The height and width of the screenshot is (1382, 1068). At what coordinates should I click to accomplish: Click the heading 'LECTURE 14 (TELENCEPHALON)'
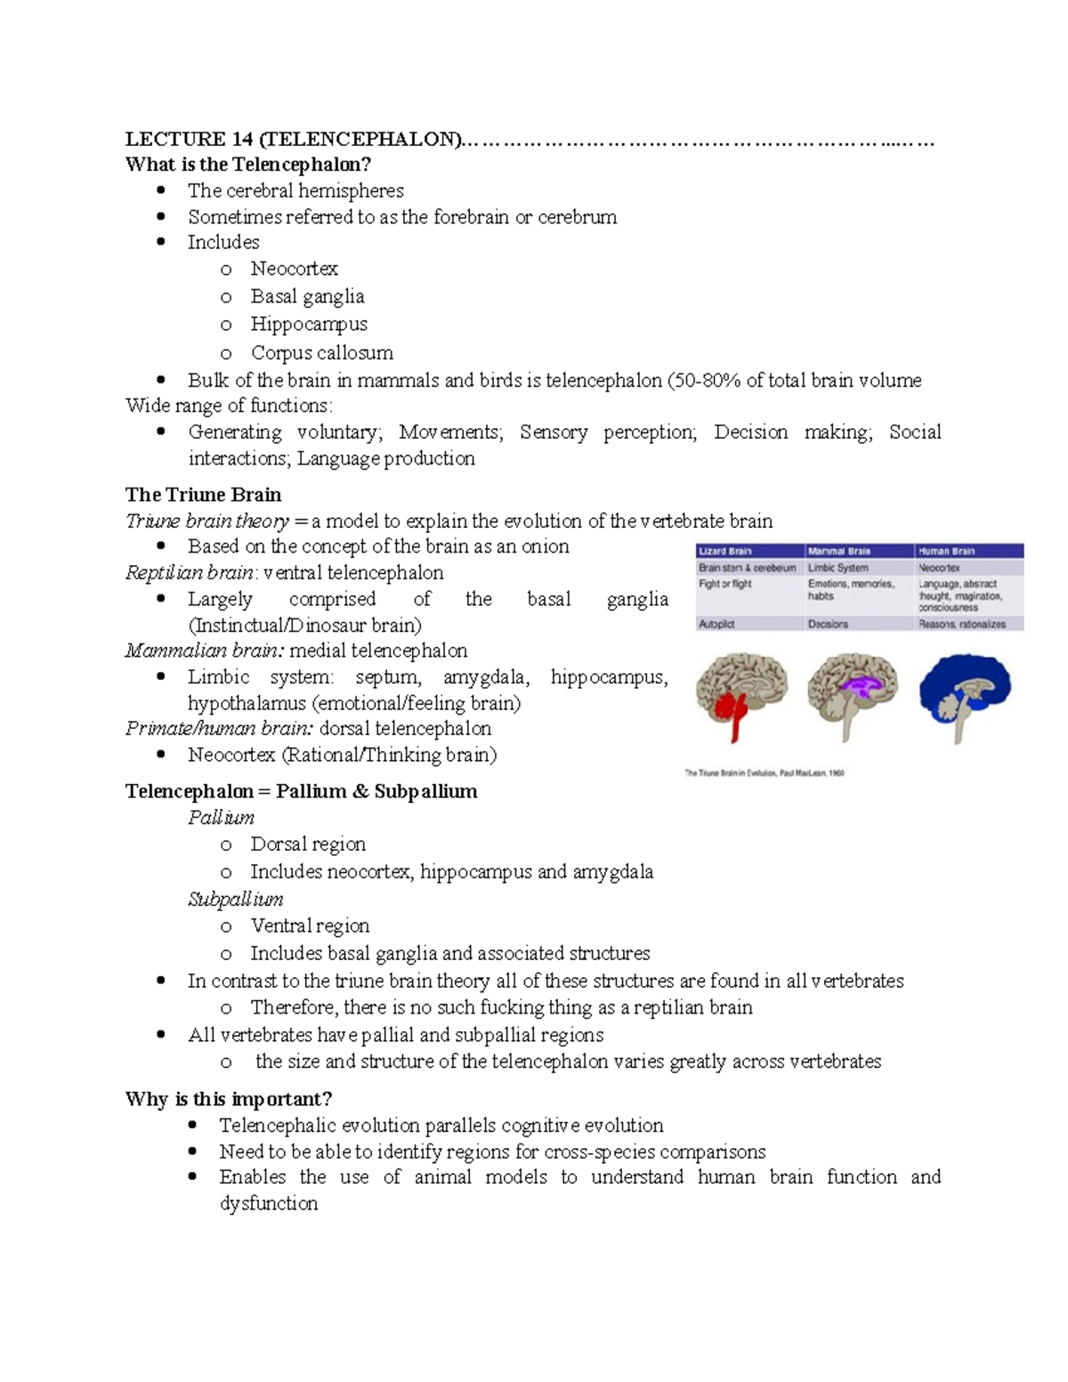point(294,139)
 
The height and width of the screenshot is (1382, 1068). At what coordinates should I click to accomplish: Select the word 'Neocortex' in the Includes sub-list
point(294,269)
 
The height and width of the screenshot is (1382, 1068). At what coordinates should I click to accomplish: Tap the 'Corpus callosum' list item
point(321,352)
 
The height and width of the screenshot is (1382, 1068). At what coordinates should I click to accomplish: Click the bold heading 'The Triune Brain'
point(203,495)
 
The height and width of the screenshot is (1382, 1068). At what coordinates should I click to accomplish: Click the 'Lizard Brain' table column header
point(725,552)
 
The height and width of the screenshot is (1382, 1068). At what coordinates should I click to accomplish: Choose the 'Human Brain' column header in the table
point(946,552)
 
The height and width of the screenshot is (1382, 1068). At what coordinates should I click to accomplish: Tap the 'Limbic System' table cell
point(837,568)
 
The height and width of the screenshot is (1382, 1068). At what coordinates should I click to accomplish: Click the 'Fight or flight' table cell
point(725,584)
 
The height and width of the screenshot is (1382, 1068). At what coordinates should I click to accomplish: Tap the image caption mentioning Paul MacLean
point(765,773)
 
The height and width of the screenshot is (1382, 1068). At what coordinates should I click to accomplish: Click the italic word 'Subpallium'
point(236,900)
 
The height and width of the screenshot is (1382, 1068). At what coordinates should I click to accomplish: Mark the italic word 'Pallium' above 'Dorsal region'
point(221,818)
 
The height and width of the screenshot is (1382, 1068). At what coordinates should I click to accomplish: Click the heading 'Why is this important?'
point(229,1099)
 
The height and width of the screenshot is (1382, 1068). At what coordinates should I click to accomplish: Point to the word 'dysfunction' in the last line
point(269,1204)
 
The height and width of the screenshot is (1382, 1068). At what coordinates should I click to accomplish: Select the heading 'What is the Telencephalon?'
point(248,165)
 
